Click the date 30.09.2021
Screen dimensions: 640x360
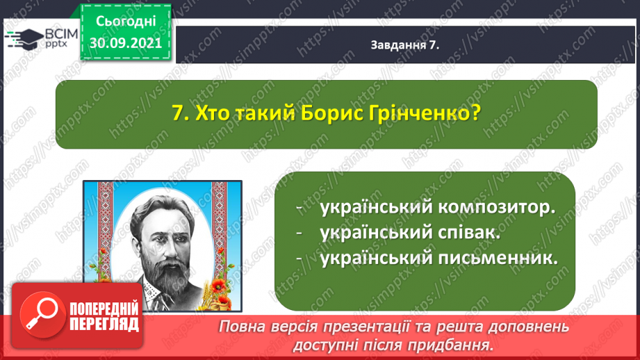click(x=126, y=42)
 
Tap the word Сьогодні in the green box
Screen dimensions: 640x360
click(x=126, y=22)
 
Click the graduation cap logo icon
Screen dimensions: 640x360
click(x=24, y=39)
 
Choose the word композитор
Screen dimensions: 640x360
click(x=497, y=207)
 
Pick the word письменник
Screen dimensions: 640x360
click(x=498, y=258)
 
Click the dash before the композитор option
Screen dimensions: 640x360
click(x=300, y=208)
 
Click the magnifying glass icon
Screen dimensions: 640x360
click(x=42, y=315)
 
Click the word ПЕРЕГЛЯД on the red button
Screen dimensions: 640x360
click(x=104, y=325)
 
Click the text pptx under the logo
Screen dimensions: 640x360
click(x=56, y=44)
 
